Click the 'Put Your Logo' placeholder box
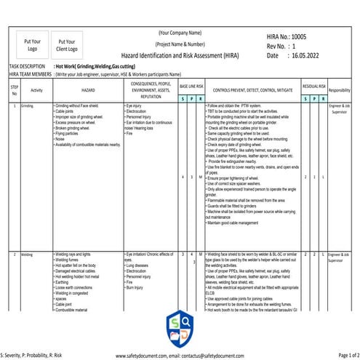31,46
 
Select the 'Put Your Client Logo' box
66,46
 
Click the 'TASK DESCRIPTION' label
28,65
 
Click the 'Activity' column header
37,90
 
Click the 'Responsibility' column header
340,90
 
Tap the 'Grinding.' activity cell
28,106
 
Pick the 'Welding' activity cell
27,255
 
